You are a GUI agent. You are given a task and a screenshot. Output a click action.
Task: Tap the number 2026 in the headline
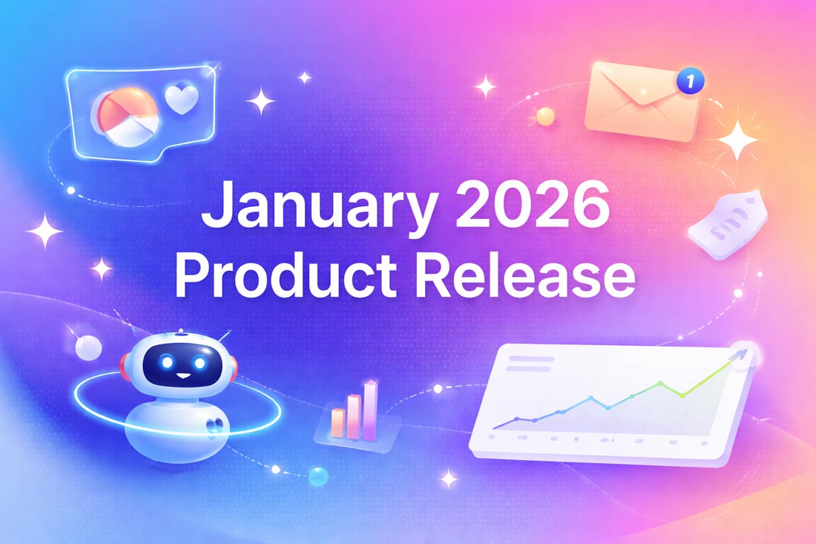point(533,203)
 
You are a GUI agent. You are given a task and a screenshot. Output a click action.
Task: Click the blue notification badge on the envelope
point(690,81)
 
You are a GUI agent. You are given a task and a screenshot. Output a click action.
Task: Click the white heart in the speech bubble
point(182,99)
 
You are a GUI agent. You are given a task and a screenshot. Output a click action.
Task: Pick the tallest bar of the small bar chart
point(370,410)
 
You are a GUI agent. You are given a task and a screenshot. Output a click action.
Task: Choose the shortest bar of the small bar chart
point(338,422)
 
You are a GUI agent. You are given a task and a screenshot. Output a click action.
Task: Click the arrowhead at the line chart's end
point(742,355)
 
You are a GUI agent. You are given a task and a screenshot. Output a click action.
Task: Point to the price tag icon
point(728,225)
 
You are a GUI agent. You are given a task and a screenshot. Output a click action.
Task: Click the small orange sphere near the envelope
point(545,116)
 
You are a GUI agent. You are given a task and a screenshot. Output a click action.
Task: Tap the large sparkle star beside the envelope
point(737,140)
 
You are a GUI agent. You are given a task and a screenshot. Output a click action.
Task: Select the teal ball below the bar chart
point(318,476)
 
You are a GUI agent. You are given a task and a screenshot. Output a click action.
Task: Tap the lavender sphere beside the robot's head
point(88,347)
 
